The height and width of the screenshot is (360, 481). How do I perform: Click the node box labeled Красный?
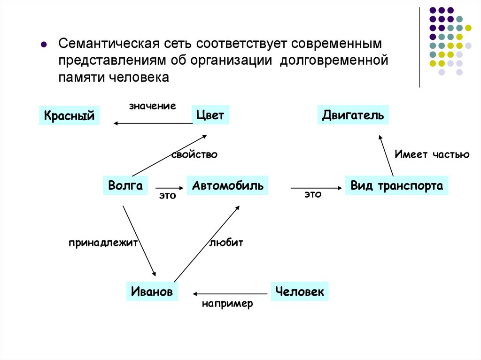tap(70, 115)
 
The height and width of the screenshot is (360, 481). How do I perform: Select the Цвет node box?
tap(210, 115)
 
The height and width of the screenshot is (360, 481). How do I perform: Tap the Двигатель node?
tap(353, 115)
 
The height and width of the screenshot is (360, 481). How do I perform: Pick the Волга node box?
tap(125, 185)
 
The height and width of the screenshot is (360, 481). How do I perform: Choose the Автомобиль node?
tap(228, 185)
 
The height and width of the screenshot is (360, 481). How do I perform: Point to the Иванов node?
tap(152, 291)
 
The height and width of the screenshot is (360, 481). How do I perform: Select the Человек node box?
tap(300, 291)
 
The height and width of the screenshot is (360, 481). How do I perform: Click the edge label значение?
tap(153, 106)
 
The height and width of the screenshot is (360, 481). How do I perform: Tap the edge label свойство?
tap(194, 154)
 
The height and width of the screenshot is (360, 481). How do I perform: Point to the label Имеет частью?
tap(432, 154)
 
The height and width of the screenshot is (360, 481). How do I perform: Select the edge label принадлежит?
tap(102, 243)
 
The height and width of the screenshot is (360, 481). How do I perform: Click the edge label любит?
tap(226, 243)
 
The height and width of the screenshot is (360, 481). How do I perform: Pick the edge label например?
tap(228, 304)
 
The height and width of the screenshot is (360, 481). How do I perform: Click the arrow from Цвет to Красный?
tap(153, 123)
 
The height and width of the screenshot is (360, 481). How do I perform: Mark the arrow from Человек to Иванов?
tap(230, 293)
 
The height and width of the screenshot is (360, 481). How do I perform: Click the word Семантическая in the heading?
tap(108, 44)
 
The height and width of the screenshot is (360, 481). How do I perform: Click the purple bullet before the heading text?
tap(43, 45)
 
